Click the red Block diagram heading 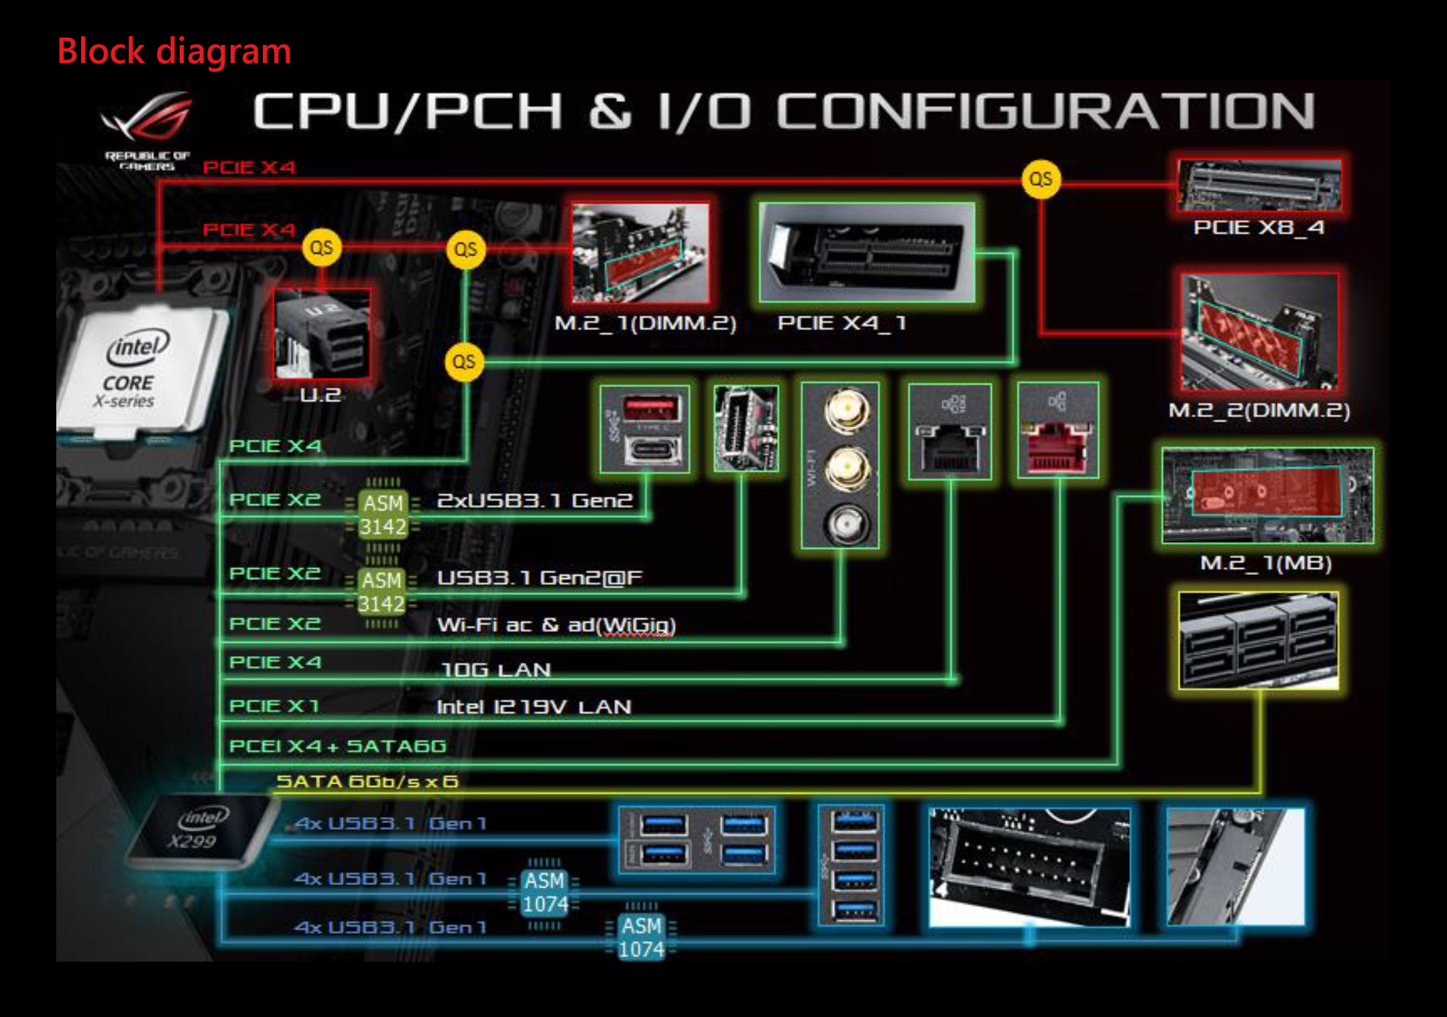(x=174, y=52)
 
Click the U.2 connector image (x=321, y=333)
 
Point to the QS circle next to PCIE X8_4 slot (x=1040, y=179)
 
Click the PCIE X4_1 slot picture (x=866, y=252)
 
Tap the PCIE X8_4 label (x=1259, y=227)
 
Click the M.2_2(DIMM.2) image (x=1259, y=333)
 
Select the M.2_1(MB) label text (x=1265, y=563)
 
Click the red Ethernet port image (x=1057, y=431)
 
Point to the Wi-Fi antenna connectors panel (x=840, y=466)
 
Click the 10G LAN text (x=496, y=670)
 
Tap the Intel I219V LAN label (x=534, y=706)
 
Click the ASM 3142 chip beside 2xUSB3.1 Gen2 (x=383, y=515)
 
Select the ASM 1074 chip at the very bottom (x=642, y=937)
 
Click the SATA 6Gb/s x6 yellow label (x=367, y=782)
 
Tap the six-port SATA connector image (x=1259, y=640)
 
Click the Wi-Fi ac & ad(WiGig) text (x=556, y=625)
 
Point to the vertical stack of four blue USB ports (x=852, y=865)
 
